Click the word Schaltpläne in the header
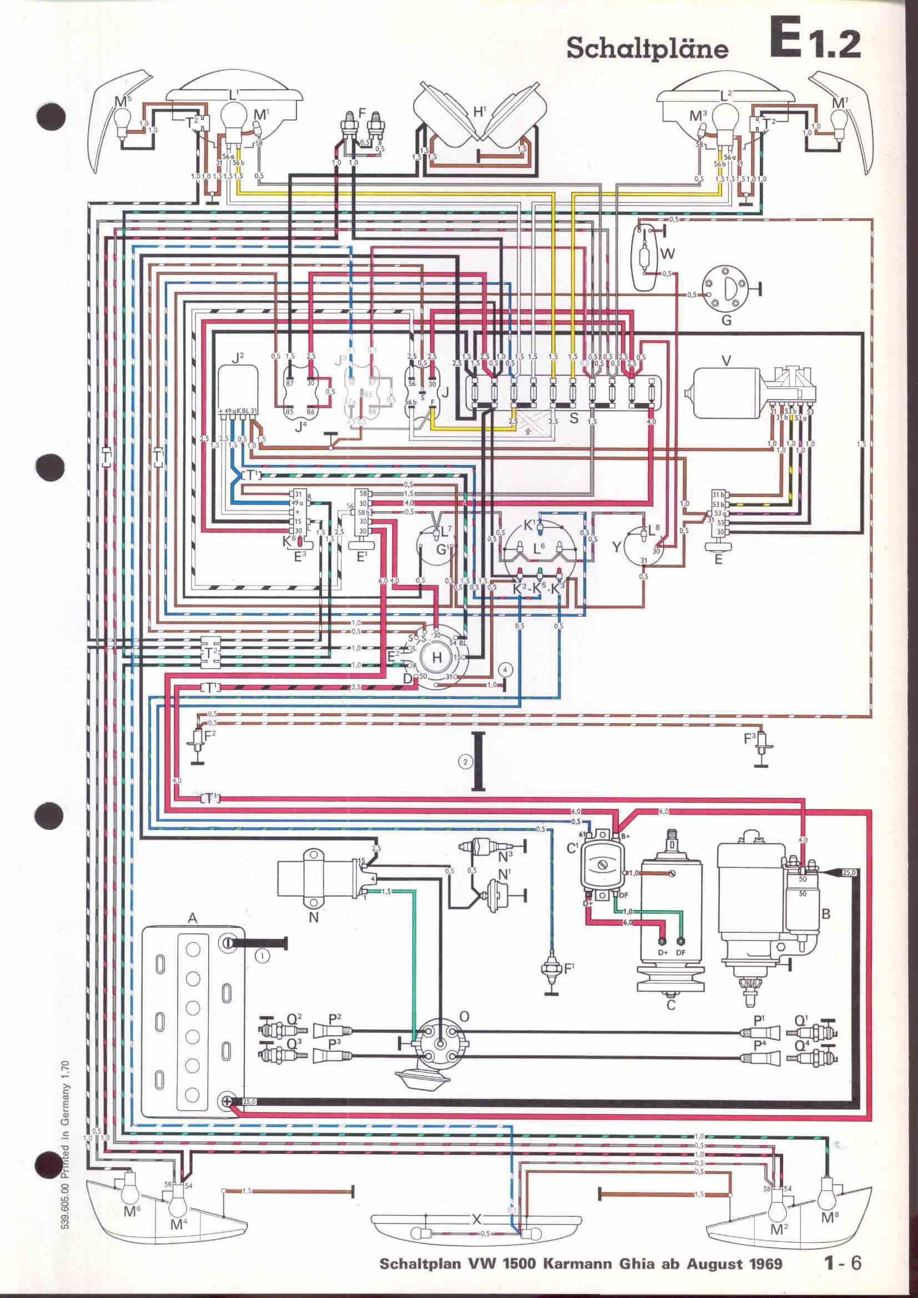[647, 49]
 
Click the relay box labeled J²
[239, 385]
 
